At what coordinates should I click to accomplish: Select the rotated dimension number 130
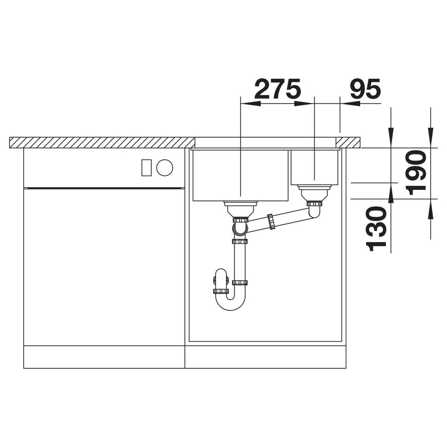click(x=376, y=229)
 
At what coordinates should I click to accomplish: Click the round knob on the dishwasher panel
click(x=164, y=167)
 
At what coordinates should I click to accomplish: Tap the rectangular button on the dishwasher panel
click(x=147, y=167)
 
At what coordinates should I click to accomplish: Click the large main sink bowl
click(x=241, y=175)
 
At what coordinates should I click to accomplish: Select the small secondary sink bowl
click(x=314, y=167)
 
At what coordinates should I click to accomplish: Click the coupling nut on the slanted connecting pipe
click(x=271, y=221)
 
